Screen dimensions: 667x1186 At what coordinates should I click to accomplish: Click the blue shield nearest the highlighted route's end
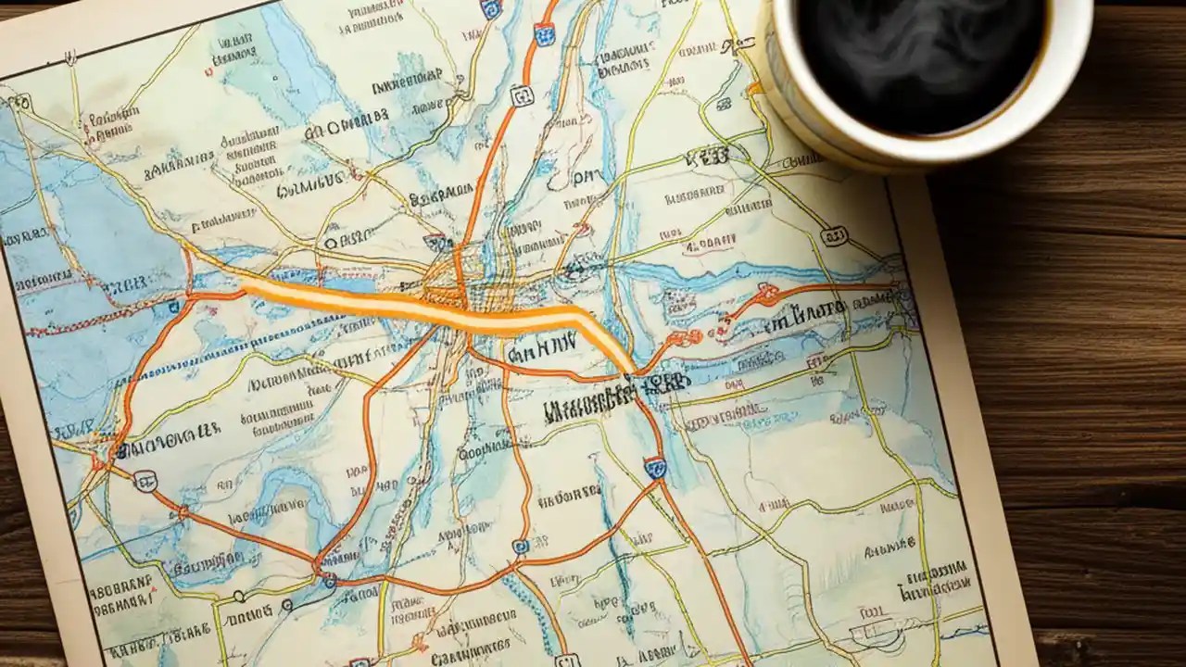[x=655, y=467]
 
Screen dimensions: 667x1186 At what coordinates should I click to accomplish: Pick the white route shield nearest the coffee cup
[x=834, y=236]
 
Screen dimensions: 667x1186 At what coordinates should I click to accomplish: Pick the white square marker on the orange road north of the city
[x=522, y=95]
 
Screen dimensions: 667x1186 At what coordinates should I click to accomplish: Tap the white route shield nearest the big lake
[x=145, y=480]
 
